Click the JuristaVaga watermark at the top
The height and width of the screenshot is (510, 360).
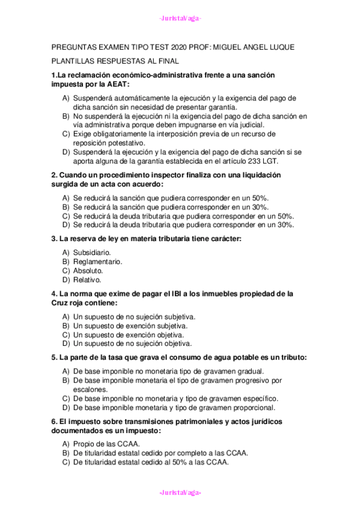180,18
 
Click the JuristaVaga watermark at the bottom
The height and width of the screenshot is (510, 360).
180,493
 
